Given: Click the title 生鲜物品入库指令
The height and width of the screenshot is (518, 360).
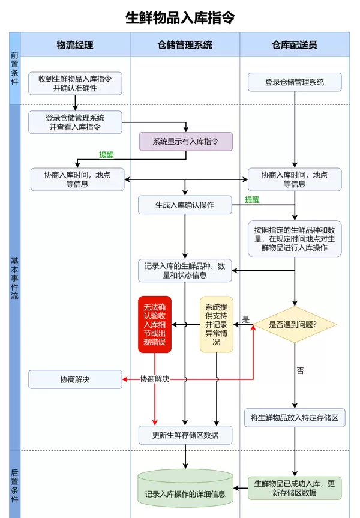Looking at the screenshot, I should (180, 18).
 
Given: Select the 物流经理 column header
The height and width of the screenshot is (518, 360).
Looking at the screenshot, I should (75, 45).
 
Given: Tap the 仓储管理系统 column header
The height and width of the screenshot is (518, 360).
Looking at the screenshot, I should (185, 45).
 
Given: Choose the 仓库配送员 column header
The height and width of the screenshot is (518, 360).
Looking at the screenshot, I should (294, 45).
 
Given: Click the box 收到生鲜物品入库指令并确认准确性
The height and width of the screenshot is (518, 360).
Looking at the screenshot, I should (75, 83).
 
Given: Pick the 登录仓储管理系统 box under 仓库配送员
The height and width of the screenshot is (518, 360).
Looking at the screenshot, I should (294, 82).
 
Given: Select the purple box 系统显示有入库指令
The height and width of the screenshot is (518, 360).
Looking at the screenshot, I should (185, 142).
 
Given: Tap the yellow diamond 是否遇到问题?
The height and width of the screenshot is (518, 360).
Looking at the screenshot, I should (294, 325).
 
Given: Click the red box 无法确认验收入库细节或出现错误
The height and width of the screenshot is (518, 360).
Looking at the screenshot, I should (155, 324).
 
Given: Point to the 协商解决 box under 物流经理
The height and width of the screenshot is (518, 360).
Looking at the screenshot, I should (75, 379).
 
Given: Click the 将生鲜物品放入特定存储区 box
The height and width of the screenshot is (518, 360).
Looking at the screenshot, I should (294, 418).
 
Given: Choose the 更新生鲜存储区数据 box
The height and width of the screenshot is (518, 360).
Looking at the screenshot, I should (185, 435).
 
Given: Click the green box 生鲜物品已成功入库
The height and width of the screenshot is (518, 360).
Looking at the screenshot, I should (294, 488).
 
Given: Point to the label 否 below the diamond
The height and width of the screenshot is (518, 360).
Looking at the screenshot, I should (300, 370).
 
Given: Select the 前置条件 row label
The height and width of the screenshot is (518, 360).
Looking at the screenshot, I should (14, 68).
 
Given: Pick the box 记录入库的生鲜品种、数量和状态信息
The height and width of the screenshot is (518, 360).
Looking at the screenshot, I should (185, 270).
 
